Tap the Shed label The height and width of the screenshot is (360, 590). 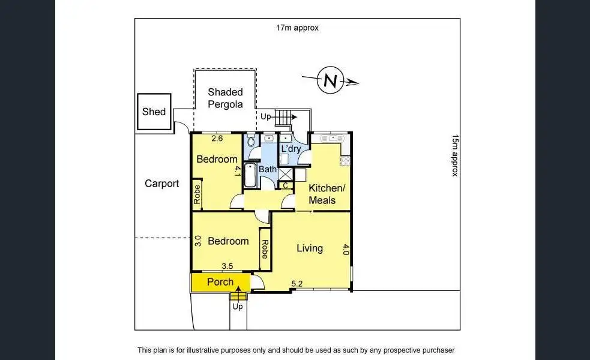(154, 112)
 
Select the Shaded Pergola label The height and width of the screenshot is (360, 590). (225, 98)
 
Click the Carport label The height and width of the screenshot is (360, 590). (162, 184)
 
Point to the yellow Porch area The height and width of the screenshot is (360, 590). (220, 282)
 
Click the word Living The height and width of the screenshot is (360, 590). (310, 248)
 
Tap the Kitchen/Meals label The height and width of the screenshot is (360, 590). (327, 194)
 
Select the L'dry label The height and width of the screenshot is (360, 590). (291, 148)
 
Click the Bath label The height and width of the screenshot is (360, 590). (268, 169)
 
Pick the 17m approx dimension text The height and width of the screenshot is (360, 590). (297, 28)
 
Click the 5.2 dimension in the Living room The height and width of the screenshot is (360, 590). (297, 283)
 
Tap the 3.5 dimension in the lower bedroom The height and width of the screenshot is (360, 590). (227, 266)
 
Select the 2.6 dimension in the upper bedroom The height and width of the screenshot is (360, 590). (217, 139)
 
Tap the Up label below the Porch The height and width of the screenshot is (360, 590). (238, 307)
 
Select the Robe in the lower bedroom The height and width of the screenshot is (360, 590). (265, 245)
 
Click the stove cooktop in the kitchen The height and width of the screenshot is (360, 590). (345, 161)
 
